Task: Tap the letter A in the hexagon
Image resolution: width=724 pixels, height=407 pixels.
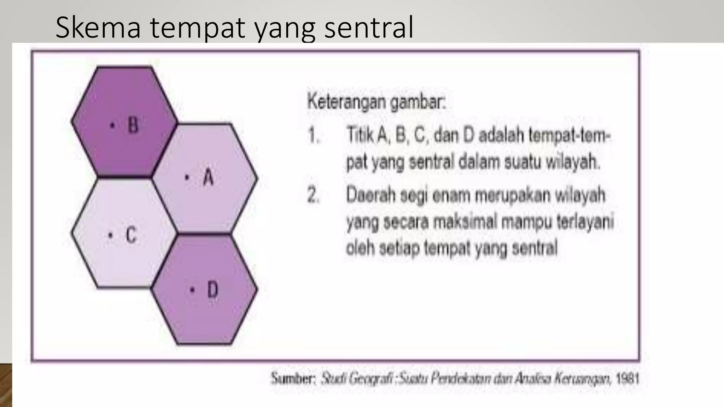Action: (209, 177)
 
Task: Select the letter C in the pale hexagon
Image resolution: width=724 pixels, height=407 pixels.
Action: (131, 235)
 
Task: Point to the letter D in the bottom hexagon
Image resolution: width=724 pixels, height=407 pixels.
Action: (212, 290)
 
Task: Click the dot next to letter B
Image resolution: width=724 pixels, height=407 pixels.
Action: (112, 125)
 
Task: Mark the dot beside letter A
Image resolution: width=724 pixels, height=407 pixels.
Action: (187, 177)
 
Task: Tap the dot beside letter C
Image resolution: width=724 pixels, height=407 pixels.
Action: (111, 235)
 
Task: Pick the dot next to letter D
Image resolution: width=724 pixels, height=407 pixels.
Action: (192, 290)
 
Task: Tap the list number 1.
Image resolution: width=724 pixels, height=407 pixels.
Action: (313, 136)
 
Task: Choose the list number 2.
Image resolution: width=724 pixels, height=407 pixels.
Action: (313, 195)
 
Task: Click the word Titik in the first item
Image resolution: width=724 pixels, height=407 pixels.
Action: (360, 135)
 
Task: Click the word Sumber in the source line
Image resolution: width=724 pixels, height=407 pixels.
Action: (292, 378)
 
